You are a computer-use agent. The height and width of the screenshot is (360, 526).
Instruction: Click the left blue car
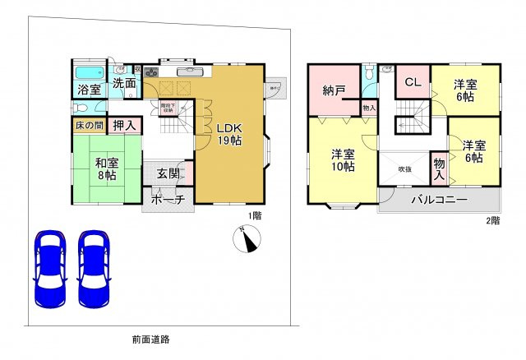tap(50, 268)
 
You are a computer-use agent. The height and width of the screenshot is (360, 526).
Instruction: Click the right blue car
tap(95, 268)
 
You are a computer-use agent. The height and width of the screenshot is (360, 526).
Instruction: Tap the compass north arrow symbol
tap(248, 239)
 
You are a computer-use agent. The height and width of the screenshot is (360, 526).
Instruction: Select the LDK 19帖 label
tap(229, 133)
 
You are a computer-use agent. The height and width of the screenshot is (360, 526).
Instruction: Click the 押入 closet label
tap(124, 126)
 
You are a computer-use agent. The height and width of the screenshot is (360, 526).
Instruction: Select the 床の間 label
tap(88, 126)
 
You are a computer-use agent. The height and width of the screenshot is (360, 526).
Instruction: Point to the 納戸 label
tap(333, 90)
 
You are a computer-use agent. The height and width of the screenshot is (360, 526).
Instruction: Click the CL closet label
tap(413, 83)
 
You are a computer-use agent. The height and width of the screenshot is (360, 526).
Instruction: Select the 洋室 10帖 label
tap(343, 159)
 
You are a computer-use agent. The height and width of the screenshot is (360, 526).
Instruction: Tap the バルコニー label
tap(439, 201)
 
